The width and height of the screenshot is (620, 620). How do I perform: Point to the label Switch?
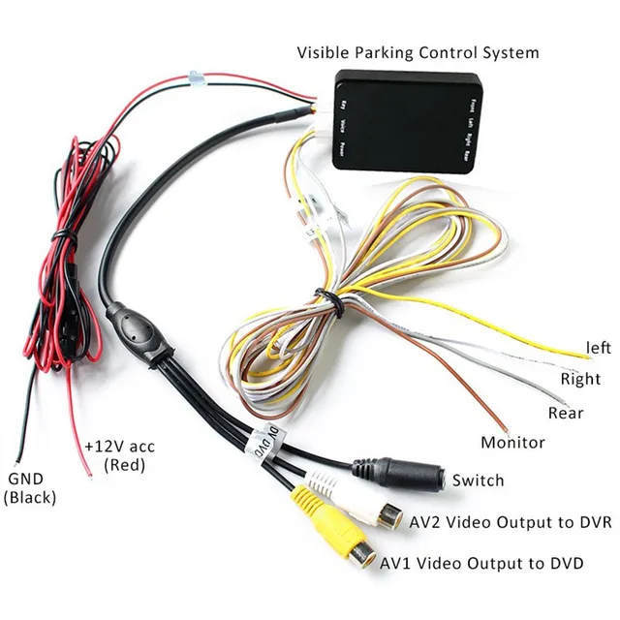tap(479, 480)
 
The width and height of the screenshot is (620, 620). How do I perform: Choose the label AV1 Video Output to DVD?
tap(481, 562)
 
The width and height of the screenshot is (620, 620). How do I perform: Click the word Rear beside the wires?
tap(565, 412)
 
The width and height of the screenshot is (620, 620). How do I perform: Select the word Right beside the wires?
tap(580, 379)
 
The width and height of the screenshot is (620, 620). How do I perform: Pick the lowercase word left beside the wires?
tap(598, 347)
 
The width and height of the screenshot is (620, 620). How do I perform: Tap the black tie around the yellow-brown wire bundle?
tap(328, 302)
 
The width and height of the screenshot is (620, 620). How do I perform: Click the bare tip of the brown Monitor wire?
tap(505, 427)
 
